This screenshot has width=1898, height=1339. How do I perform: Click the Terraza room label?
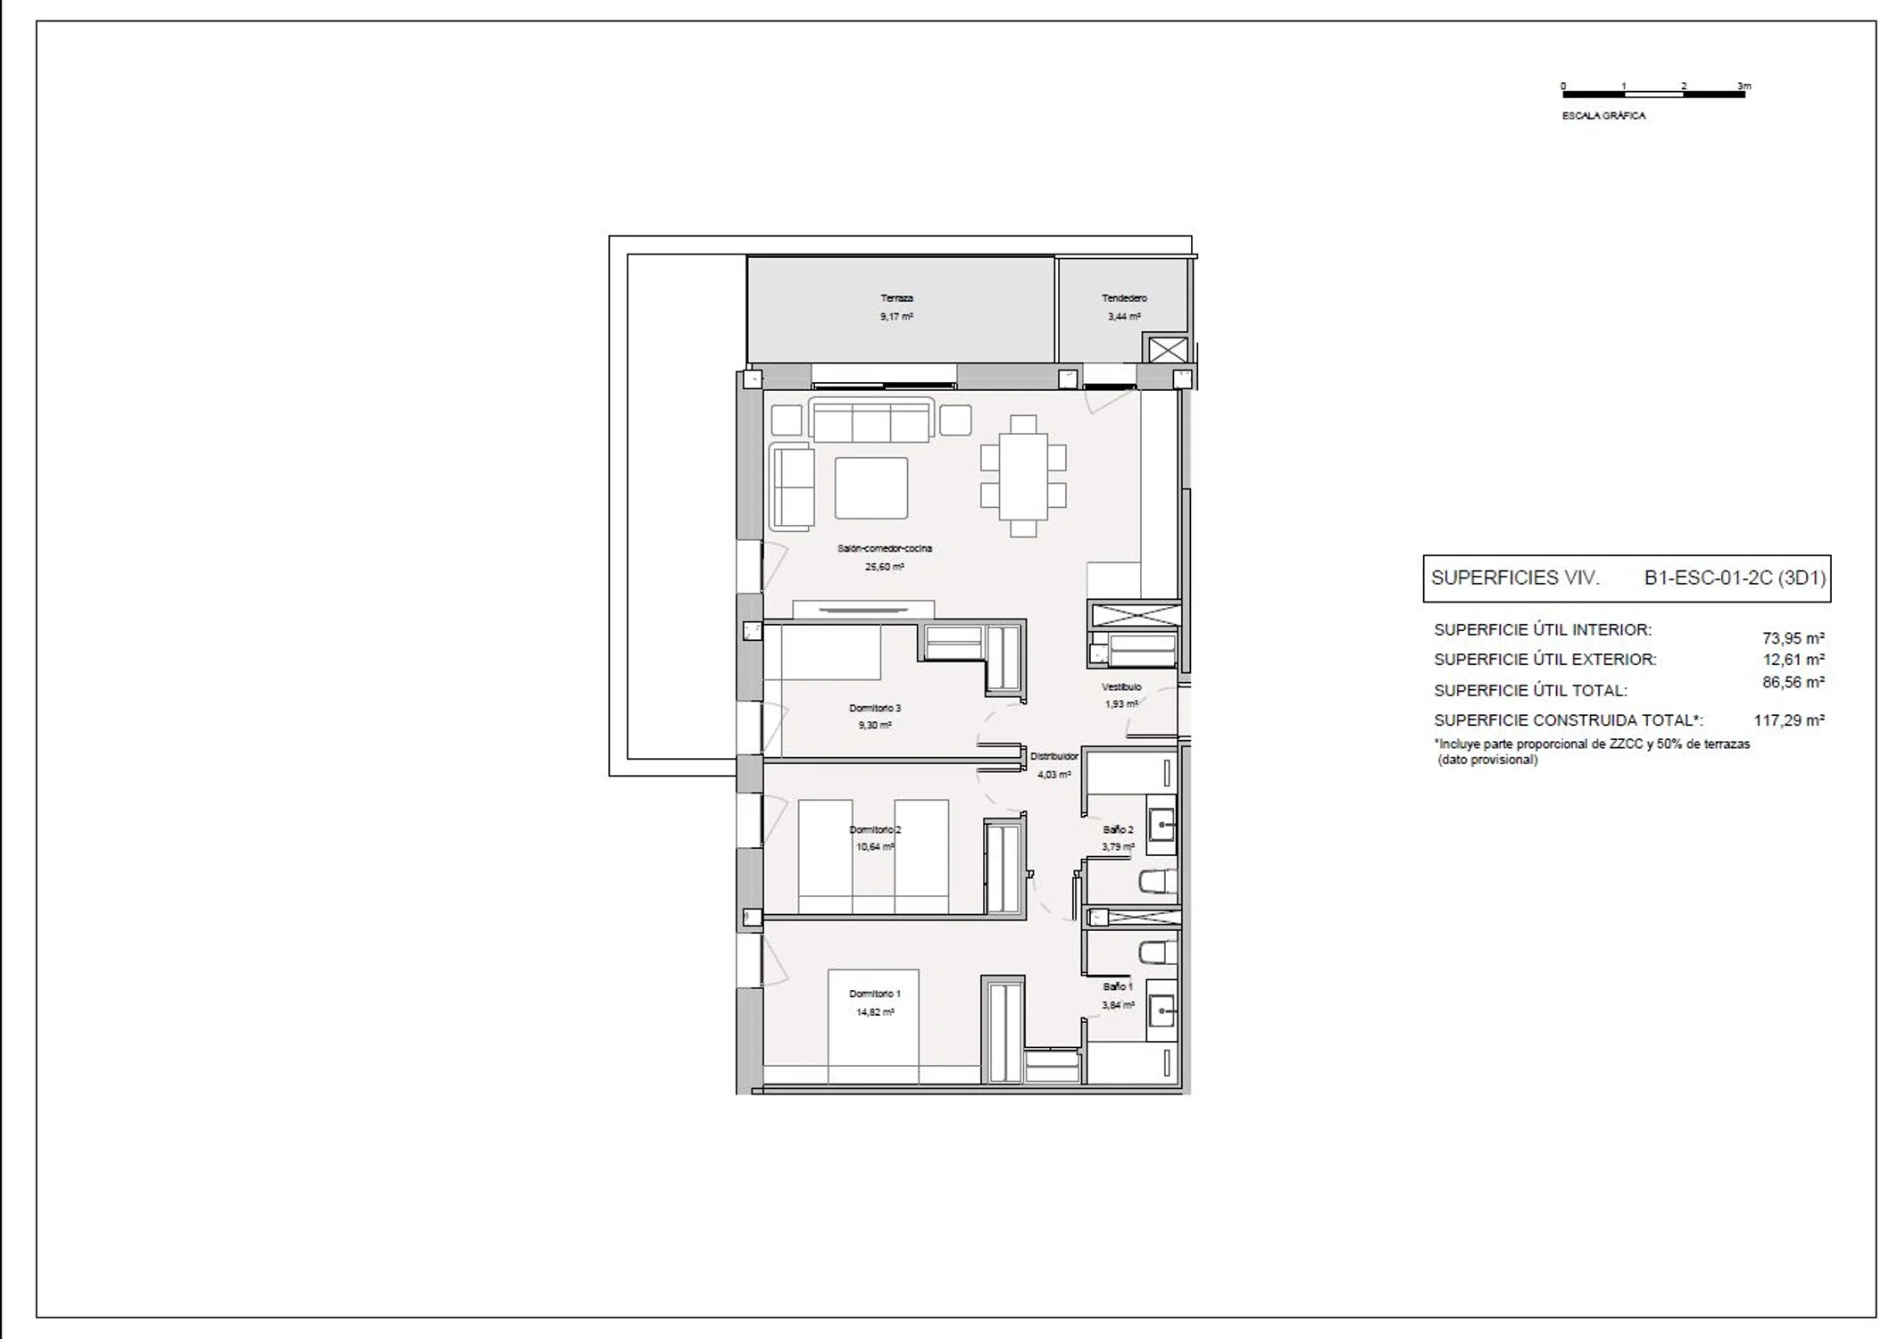tap(896, 298)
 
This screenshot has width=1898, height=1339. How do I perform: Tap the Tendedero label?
tap(1124, 298)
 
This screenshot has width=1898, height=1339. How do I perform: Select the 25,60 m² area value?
tap(884, 567)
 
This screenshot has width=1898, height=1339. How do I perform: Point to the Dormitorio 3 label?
tap(875, 708)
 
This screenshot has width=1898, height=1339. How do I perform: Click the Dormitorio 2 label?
tap(875, 829)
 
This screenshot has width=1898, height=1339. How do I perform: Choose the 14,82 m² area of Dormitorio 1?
tap(875, 1012)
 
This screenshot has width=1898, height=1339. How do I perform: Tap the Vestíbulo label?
tap(1121, 686)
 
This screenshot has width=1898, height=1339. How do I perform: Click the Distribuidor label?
tap(1054, 756)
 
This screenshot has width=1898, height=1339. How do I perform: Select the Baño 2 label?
tap(1118, 829)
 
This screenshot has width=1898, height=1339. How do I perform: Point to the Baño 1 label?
tap(1118, 986)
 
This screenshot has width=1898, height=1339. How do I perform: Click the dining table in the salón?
tap(1023, 476)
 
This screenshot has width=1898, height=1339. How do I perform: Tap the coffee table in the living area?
tap(871, 488)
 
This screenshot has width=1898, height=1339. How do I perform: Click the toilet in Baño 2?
tap(1158, 883)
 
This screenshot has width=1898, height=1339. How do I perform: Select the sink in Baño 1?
tap(1161, 1011)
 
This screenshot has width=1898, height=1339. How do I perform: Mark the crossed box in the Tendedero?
tap(1166, 350)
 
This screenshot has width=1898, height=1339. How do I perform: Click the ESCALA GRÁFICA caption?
tap(1603, 116)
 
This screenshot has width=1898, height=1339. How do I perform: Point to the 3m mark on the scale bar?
tap(1744, 87)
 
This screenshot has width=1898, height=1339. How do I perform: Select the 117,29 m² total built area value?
tap(1789, 719)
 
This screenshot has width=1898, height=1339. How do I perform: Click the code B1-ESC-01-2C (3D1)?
tap(1735, 578)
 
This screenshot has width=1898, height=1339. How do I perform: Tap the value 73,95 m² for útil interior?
tap(1794, 638)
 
